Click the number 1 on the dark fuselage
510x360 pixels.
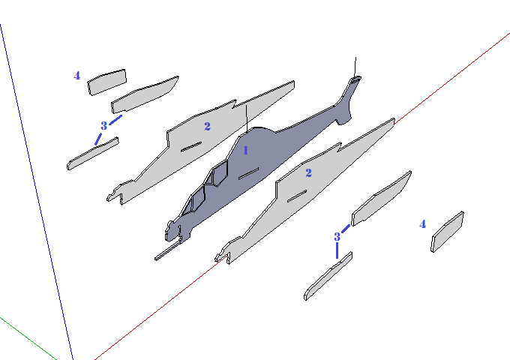click(245, 150)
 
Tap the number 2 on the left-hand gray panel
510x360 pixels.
click(208, 126)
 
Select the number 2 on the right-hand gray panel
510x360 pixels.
click(308, 172)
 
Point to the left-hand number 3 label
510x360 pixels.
click(103, 125)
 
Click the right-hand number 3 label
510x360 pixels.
click(337, 236)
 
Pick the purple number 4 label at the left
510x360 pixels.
click(77, 75)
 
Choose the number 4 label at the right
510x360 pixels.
click(422, 223)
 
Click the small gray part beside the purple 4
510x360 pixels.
click(107, 81)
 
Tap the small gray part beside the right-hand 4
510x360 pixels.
click(447, 231)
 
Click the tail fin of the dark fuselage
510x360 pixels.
click(347, 101)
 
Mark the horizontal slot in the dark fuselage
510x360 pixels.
click(248, 174)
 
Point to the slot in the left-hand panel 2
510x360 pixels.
click(190, 145)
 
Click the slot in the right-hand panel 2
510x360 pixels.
click(296, 195)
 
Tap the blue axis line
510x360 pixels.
click(37, 187)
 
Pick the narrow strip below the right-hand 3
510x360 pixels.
click(328, 277)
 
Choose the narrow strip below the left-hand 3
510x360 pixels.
click(92, 153)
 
